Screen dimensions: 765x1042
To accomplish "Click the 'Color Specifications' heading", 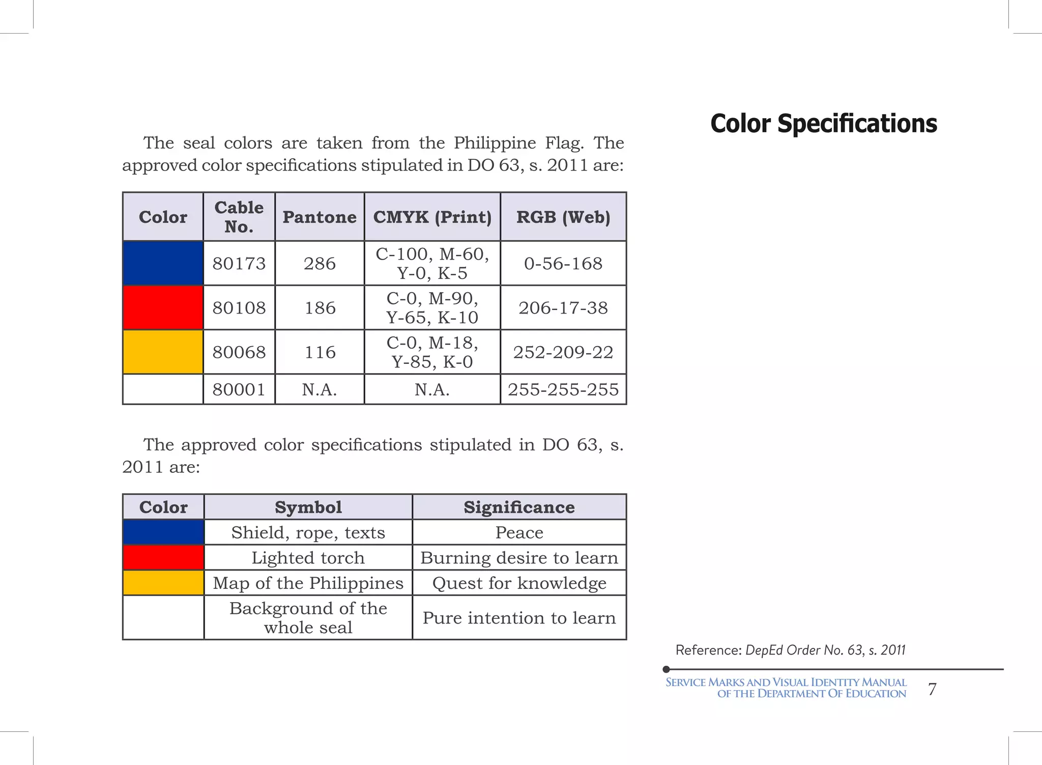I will coord(823,124).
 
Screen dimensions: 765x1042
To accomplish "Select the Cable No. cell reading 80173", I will coord(239,263).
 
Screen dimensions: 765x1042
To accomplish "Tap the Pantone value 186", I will coord(320,307).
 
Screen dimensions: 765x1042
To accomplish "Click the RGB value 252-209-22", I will coord(563,352).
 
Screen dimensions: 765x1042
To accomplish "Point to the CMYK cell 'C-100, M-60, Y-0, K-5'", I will coord(432,263).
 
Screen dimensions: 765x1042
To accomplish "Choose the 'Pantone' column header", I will coord(320,217).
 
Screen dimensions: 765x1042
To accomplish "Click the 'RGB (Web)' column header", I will coord(563,217).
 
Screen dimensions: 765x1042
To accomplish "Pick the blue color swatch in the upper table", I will coord(163,263).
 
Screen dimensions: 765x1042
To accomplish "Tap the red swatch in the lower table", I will coord(163,557).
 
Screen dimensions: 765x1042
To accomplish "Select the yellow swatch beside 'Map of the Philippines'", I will coord(163,583).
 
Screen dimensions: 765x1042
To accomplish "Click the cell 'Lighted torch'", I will coord(308,558).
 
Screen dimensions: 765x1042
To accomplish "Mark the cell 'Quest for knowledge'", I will coord(519,583).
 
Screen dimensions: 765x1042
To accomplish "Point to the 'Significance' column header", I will coord(519,507).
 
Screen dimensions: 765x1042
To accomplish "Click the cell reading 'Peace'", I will coord(519,532).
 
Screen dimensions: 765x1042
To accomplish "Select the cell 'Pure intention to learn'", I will coord(519,617).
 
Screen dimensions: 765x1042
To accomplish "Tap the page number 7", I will coord(932,689).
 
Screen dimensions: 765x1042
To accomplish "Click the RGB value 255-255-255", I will coord(563,389).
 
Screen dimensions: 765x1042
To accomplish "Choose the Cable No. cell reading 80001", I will coord(239,389).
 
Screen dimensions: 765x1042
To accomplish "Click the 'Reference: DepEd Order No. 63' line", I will coord(790,650).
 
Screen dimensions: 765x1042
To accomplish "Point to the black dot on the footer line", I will coord(666,669).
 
